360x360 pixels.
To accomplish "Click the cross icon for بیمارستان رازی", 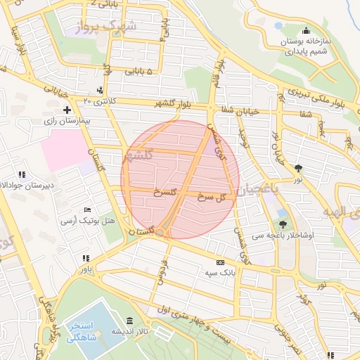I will (x=67, y=110).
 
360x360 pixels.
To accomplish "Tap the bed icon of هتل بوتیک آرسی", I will (x=87, y=210).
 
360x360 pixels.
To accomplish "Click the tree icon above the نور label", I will (x=300, y=168).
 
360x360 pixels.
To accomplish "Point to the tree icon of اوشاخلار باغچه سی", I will (x=283, y=224).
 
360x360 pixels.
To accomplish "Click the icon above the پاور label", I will (x=86, y=258).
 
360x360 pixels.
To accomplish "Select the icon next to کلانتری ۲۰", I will (x=100, y=90).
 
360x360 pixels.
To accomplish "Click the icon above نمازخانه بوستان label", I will (x=306, y=31).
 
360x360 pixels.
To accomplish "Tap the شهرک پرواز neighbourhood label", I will (x=110, y=27).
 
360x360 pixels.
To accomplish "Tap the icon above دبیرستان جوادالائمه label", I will (x=22, y=174).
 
